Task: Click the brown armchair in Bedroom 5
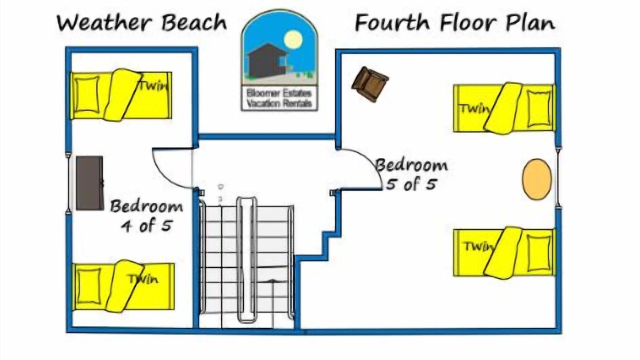click(x=369, y=83)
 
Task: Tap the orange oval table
click(x=537, y=179)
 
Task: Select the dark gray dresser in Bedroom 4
click(x=90, y=183)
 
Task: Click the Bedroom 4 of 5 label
click(x=146, y=215)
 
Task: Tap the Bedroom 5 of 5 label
click(x=411, y=174)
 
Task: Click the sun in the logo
click(x=292, y=39)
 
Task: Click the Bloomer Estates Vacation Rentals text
click(x=279, y=98)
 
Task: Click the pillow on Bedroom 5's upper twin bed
click(x=538, y=108)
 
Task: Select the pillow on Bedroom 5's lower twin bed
click(x=539, y=252)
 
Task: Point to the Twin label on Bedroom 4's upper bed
click(x=152, y=85)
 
